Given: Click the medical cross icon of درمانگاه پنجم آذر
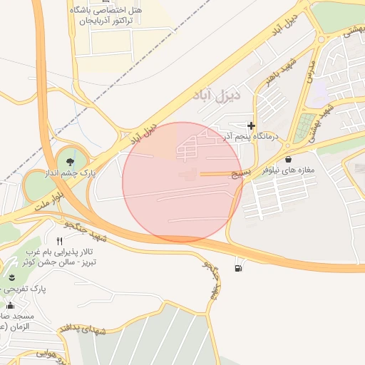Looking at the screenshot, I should point(251,126).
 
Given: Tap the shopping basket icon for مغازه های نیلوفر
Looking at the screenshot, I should point(288,159).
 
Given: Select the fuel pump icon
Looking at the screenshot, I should point(237,268).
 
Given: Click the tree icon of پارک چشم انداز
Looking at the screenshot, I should point(69,160).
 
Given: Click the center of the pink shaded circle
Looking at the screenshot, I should point(182,182).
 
